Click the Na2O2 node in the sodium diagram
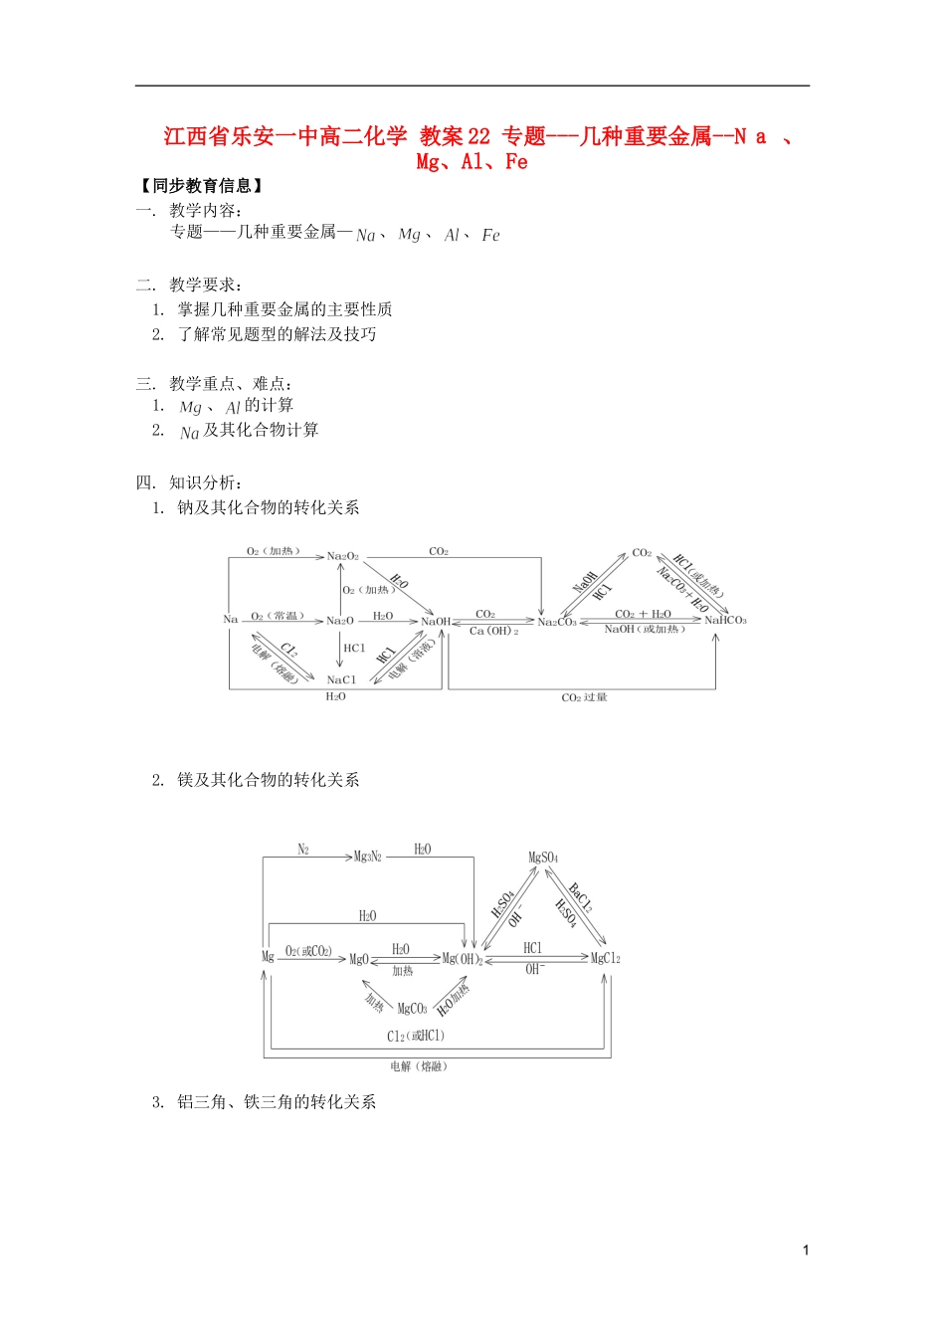point(342,556)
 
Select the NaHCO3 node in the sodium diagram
point(725,621)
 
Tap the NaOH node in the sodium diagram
point(436,622)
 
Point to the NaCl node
point(341,680)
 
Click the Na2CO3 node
point(557,623)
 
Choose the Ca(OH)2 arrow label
point(493,632)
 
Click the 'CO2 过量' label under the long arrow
point(584,697)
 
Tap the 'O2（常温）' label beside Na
point(278,617)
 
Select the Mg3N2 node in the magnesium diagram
point(368,856)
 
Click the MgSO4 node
point(543,858)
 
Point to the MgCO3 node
point(412,1009)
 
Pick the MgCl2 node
point(605,958)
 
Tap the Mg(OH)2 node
point(463,959)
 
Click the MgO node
point(358,959)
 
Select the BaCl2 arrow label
point(580,896)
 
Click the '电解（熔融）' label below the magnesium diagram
point(419,1066)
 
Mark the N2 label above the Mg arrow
point(303,850)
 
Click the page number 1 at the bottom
point(805,1250)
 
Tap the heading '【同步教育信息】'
point(203,186)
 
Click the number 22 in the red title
point(478,137)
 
